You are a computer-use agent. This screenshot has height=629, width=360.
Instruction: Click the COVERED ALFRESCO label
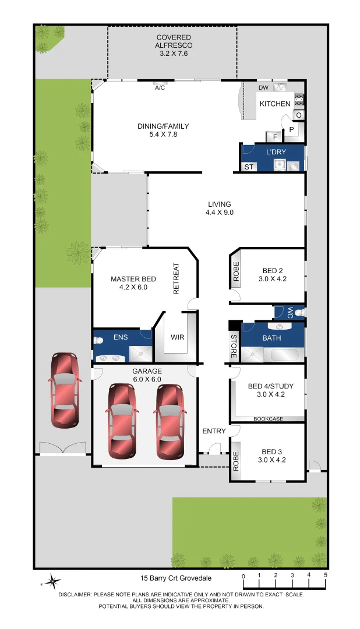pos(174,45)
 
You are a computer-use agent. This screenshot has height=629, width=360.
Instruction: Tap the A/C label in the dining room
pos(160,89)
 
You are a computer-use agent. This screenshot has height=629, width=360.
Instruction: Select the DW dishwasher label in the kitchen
pos(263,88)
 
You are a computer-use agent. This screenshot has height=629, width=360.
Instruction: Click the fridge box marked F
pos(274,137)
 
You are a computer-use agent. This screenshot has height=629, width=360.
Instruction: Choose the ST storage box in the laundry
pos(249,167)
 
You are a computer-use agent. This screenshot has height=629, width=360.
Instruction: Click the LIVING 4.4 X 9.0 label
pos(219,209)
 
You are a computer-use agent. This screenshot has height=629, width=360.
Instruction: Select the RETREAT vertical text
pos(177,279)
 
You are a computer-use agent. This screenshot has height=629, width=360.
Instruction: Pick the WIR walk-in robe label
pos(177,337)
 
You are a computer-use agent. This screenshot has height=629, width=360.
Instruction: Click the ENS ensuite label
pos(121,337)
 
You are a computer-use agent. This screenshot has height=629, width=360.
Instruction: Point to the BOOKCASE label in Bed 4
pos(268,419)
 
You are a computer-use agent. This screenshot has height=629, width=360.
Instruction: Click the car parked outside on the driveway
pos(64,389)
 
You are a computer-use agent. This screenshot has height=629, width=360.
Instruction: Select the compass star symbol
pos(52,581)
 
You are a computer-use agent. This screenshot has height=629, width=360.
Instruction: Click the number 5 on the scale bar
pos(326,575)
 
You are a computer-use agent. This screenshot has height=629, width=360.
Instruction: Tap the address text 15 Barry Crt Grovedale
pos(175,578)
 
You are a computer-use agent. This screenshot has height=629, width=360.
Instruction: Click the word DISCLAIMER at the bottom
pos(74,595)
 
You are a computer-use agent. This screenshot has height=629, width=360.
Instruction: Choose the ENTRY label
pos(214,431)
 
